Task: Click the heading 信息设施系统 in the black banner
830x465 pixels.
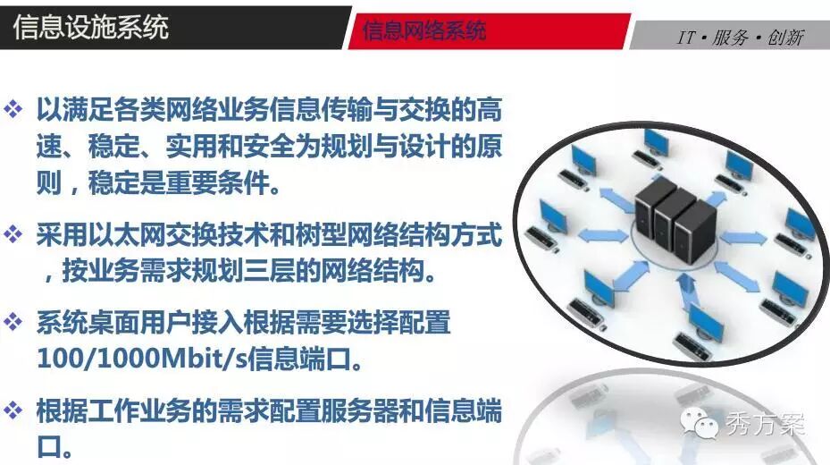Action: click(x=90, y=27)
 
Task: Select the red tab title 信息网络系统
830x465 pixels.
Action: click(x=424, y=30)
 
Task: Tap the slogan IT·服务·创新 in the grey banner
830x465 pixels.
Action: click(x=741, y=38)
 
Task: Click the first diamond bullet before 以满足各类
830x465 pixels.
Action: click(x=13, y=108)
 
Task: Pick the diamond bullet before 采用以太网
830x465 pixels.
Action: click(x=13, y=233)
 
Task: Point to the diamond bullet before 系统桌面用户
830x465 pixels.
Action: click(x=13, y=321)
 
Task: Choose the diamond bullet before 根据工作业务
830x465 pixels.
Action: click(x=13, y=410)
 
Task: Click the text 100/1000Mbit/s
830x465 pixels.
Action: click(x=142, y=358)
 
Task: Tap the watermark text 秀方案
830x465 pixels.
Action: click(x=765, y=424)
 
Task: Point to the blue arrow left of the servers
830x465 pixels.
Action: click(x=603, y=235)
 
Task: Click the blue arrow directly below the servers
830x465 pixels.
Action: click(x=686, y=291)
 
